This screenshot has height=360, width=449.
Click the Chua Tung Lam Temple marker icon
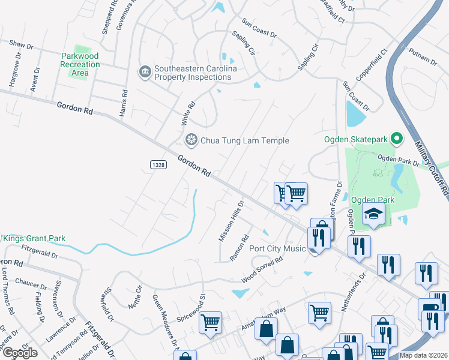click(191, 140)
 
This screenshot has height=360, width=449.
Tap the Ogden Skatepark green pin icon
click(396, 140)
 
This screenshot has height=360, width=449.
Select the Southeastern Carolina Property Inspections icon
click(144, 73)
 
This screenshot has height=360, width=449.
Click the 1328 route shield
click(158, 164)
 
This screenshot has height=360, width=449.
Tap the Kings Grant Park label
click(34, 238)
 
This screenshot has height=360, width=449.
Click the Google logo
click(20, 353)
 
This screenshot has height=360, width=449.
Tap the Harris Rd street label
click(124, 103)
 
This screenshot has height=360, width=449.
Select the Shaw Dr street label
click(20, 44)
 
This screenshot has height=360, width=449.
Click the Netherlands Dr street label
click(353, 292)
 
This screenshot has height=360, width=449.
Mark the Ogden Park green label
click(371, 199)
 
